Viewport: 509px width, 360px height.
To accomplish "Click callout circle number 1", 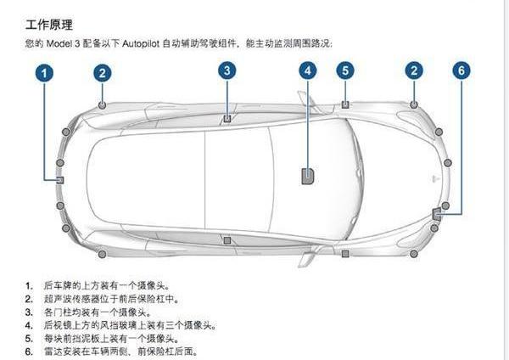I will (47, 73).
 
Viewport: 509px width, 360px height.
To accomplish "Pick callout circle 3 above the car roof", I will (227, 70).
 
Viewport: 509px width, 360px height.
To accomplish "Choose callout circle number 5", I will (345, 71).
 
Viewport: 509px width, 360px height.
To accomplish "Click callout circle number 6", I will (461, 71).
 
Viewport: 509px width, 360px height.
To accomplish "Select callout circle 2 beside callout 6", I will (414, 71).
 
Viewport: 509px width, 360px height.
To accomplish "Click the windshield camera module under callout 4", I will (307, 176).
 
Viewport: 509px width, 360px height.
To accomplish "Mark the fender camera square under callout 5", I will (345, 104).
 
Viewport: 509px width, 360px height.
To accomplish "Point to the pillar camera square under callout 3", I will (227, 118).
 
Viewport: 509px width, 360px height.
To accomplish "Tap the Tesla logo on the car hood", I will (434, 179).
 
